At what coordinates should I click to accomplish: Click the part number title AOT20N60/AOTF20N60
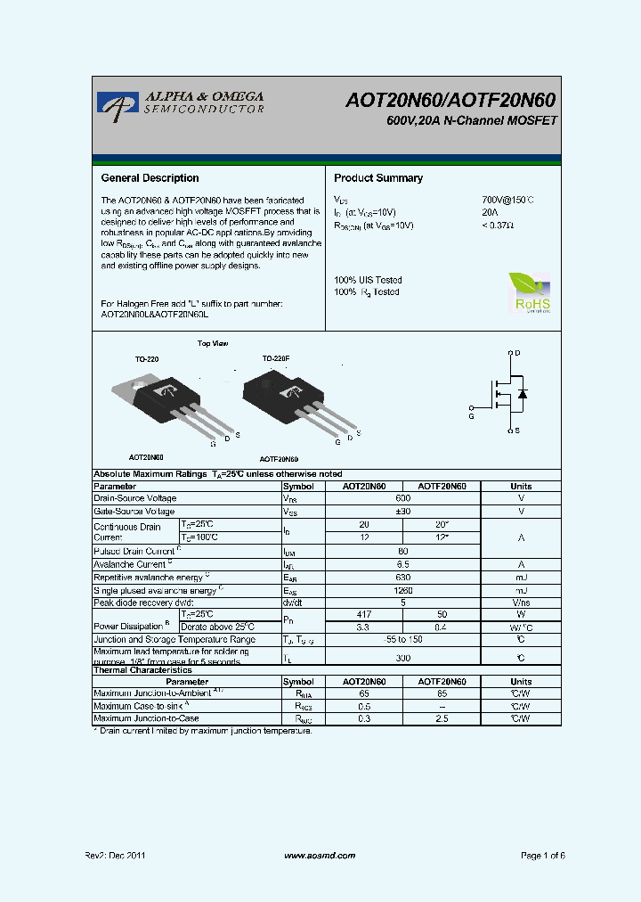tap(451, 101)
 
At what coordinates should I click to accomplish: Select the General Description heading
tap(150, 178)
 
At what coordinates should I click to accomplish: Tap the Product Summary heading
tap(378, 178)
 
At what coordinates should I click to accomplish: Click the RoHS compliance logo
tap(530, 292)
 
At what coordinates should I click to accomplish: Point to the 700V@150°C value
tap(507, 201)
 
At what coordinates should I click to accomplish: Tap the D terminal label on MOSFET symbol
tap(517, 354)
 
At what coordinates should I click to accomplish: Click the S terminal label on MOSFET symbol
tap(517, 430)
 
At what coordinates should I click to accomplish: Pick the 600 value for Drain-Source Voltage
tap(403, 498)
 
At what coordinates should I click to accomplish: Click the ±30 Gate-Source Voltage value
tap(403, 512)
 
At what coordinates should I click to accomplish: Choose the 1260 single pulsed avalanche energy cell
tap(403, 590)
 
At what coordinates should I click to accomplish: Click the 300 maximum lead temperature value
tap(403, 657)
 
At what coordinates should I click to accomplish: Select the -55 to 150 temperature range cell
tap(403, 639)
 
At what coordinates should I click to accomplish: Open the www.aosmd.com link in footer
tap(320, 856)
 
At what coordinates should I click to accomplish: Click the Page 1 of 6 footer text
tap(542, 856)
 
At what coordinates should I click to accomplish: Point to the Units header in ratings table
tap(521, 487)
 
